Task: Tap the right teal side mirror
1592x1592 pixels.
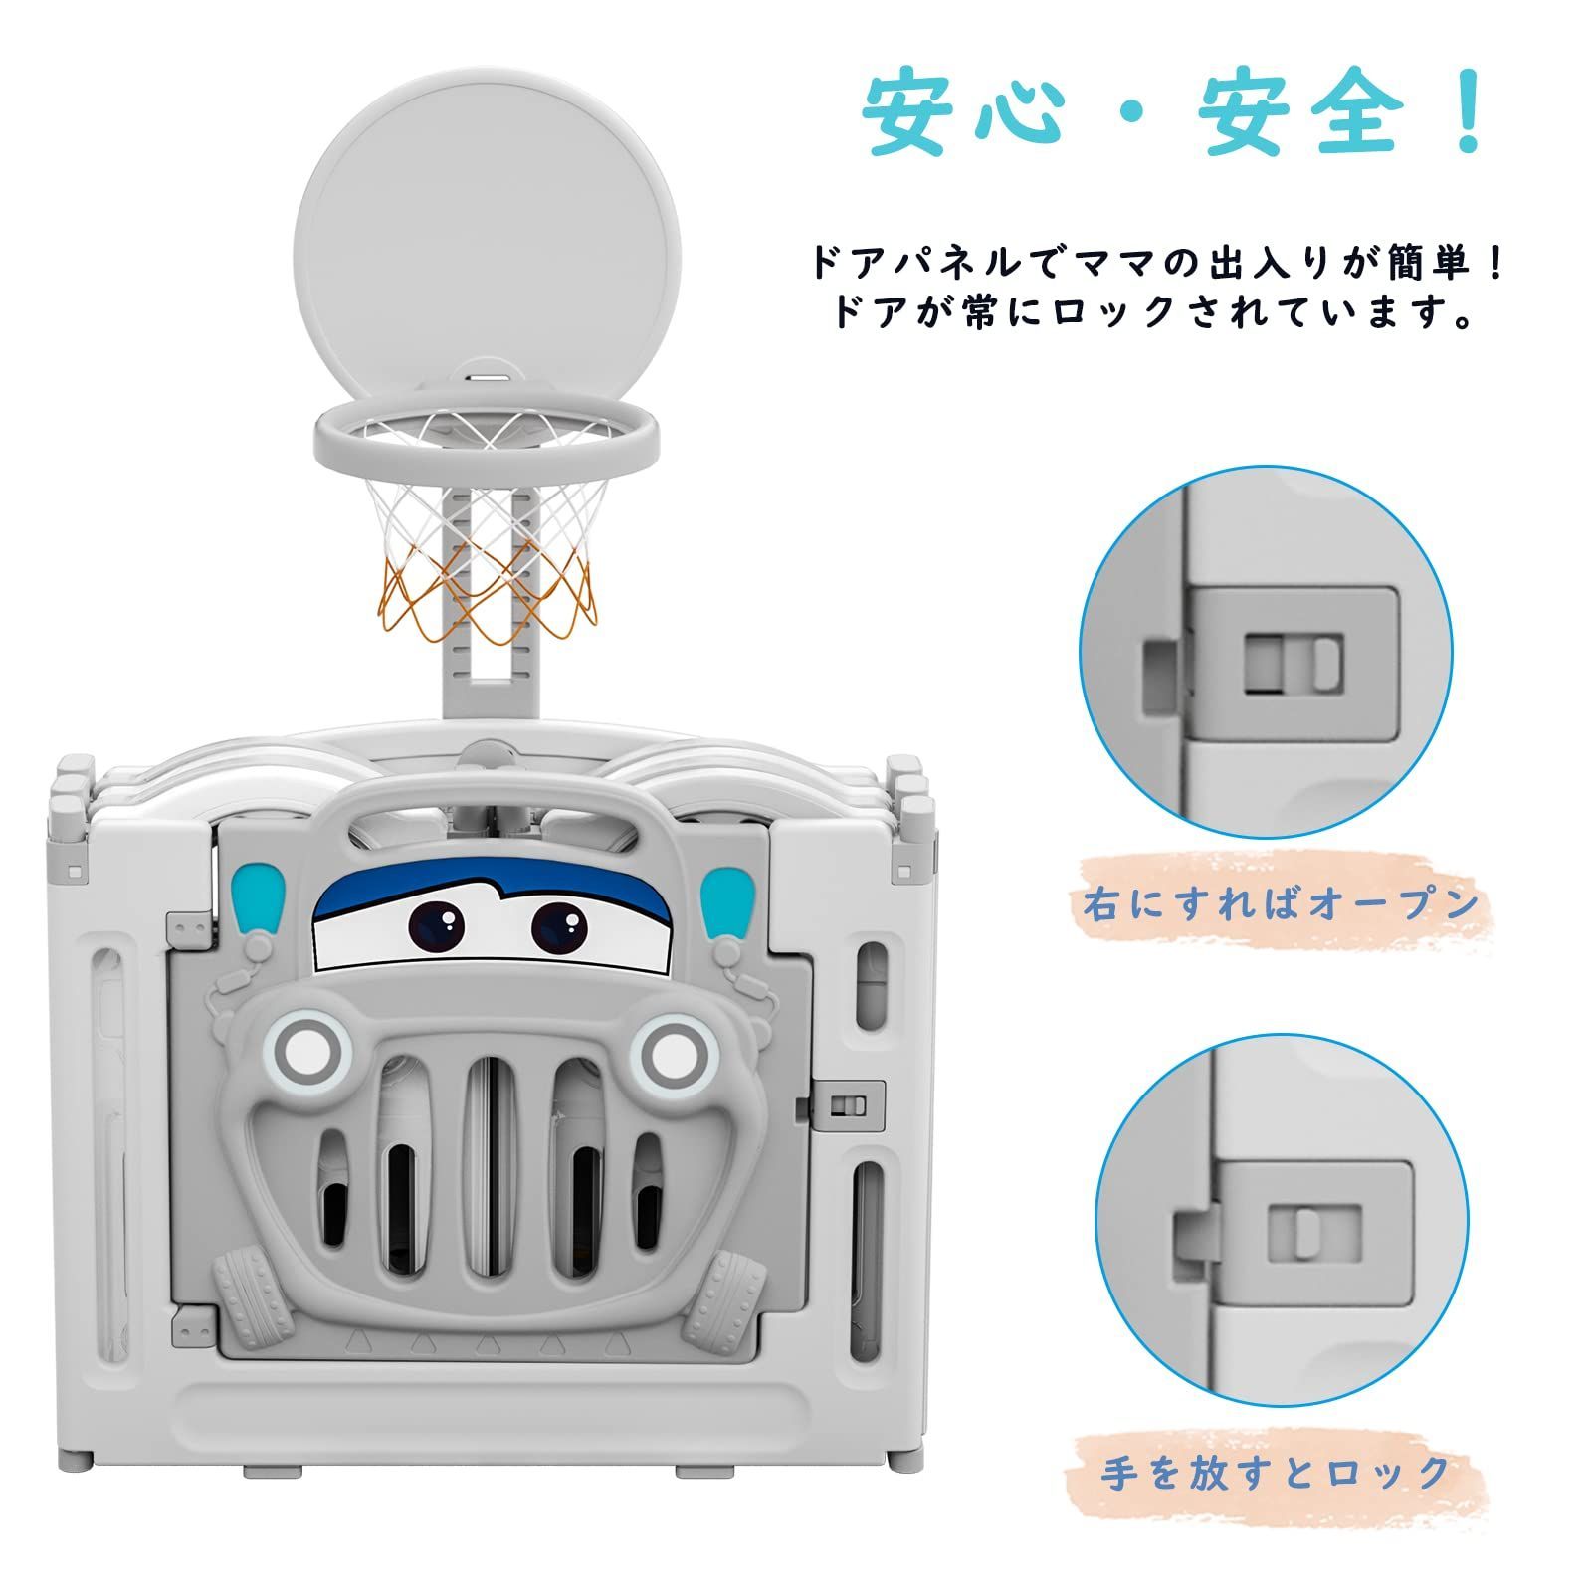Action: point(729,900)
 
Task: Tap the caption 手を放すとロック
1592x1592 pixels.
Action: point(1276,1471)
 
